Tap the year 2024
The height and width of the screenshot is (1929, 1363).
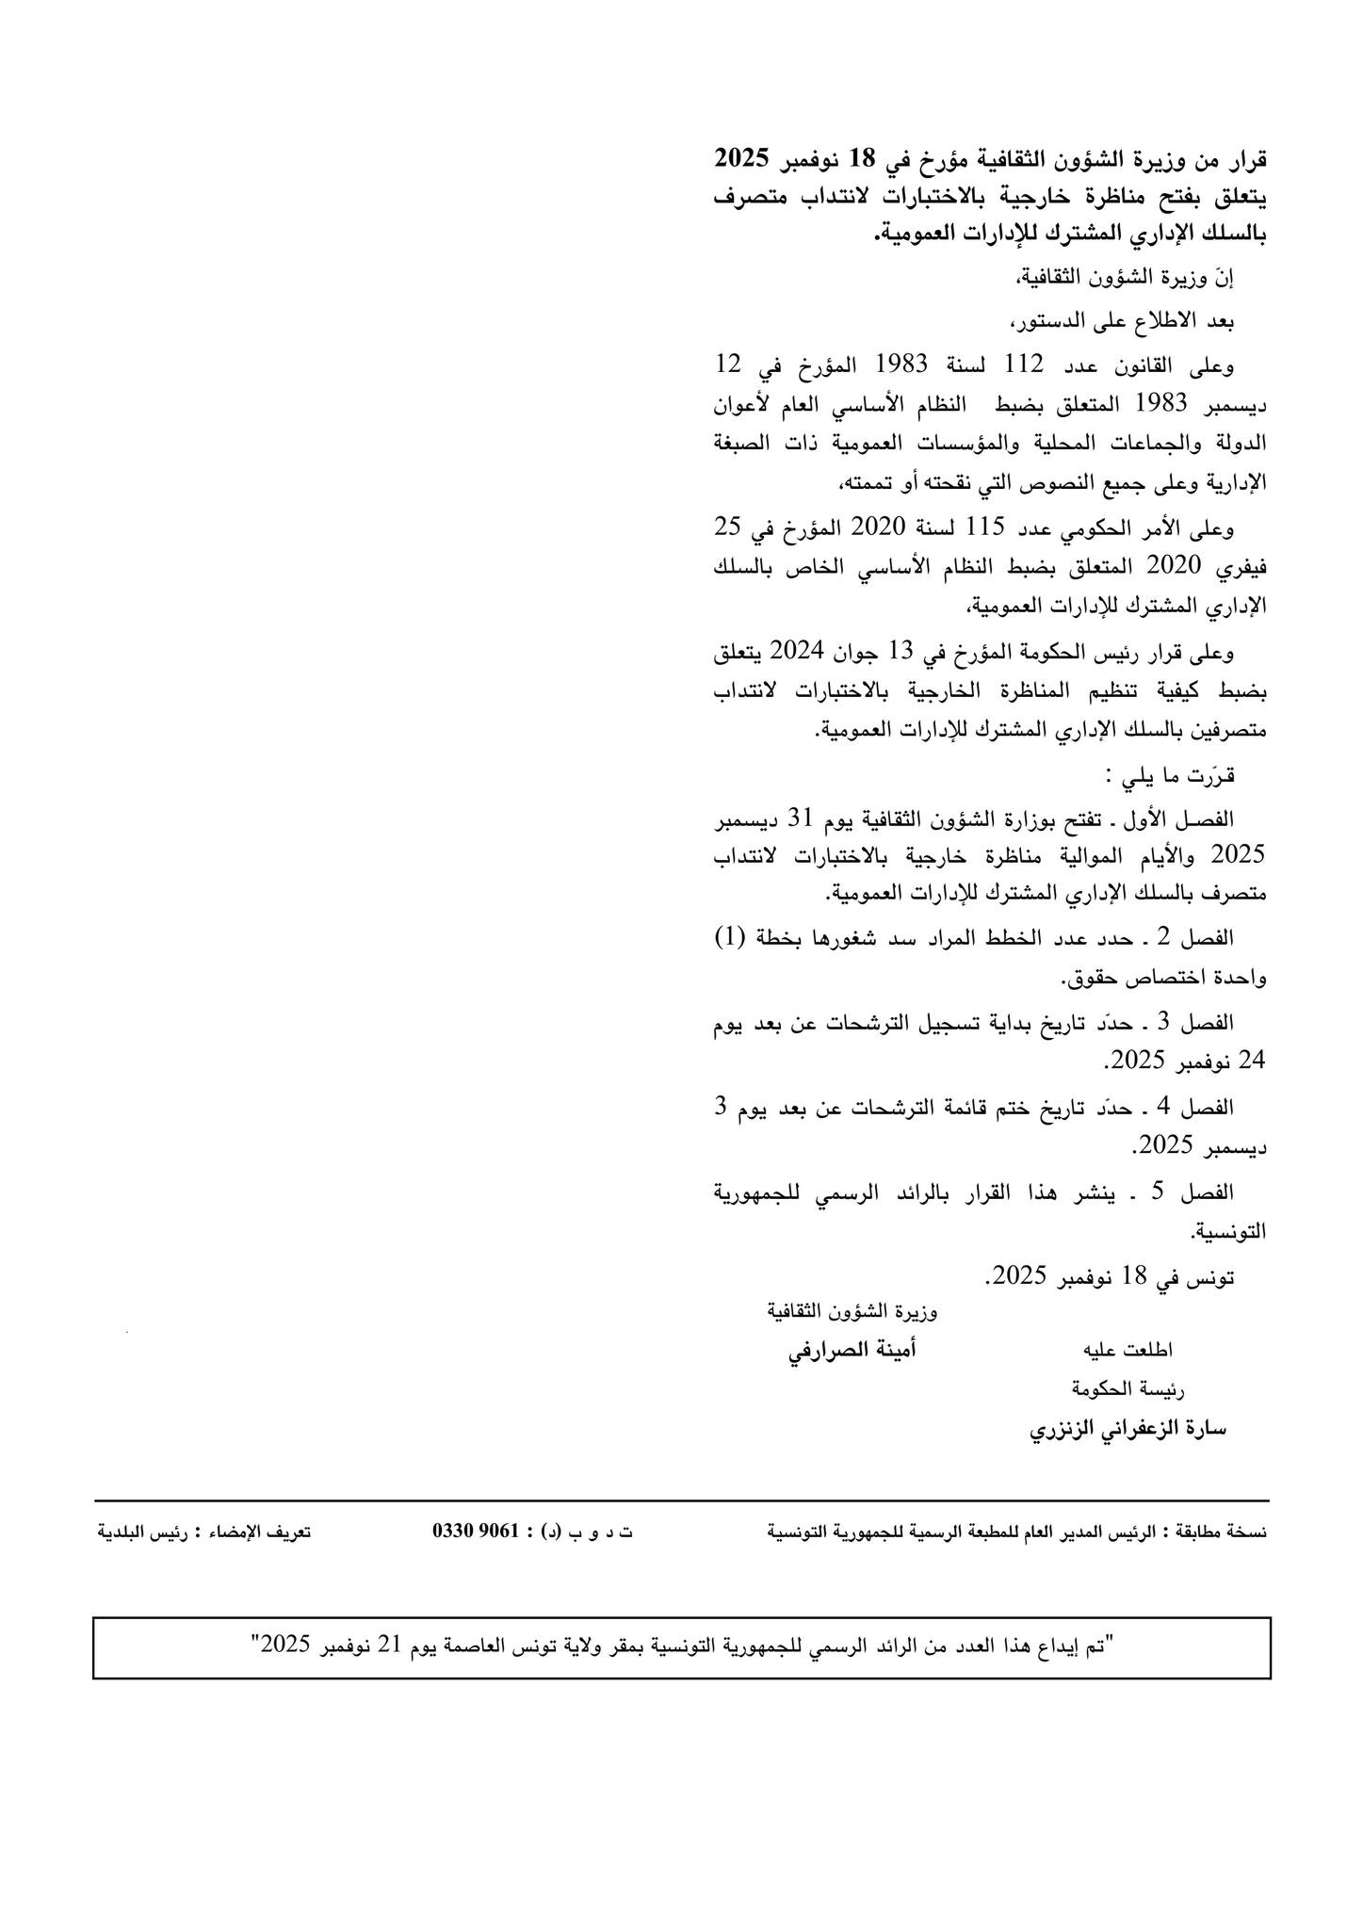(798, 651)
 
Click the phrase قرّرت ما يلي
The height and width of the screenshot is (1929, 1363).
(1171, 775)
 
